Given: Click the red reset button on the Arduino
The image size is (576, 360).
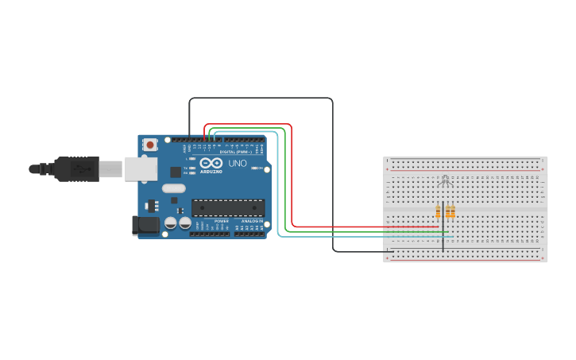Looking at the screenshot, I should tap(150, 145).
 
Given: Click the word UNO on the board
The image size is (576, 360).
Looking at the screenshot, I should tap(238, 164).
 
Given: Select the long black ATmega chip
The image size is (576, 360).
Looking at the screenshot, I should tap(227, 208).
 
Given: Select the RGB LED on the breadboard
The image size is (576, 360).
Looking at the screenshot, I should tap(445, 183).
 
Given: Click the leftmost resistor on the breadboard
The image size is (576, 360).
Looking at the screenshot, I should tap(438, 211).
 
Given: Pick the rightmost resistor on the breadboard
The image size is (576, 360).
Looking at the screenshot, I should tap(453, 211).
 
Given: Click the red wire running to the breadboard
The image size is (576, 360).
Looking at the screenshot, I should tap(292, 175).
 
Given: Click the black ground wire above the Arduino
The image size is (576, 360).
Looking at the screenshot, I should tap(262, 99).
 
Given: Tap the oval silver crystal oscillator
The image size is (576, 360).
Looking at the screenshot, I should tap(173, 189).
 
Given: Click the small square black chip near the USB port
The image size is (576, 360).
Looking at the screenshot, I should tap(176, 171).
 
